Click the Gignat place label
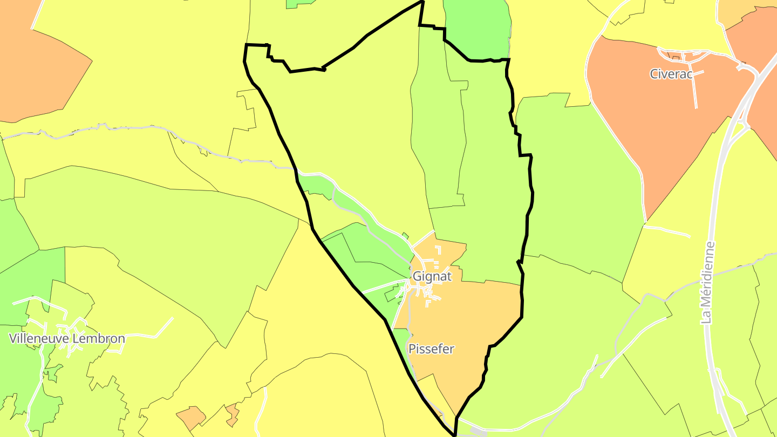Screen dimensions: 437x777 coord(431,276)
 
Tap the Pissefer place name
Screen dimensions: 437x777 coord(431,349)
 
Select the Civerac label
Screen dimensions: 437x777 coord(671,74)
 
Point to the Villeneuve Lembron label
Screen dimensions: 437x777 coord(67,339)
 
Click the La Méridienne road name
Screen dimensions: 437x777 coord(708,283)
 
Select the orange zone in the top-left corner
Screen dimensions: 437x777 coord(32,65)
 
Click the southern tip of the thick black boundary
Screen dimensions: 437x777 coord(455,433)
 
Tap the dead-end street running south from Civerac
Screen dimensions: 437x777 coord(695,92)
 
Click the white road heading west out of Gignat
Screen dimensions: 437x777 coord(383,286)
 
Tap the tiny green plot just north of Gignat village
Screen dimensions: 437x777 coord(405,235)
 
